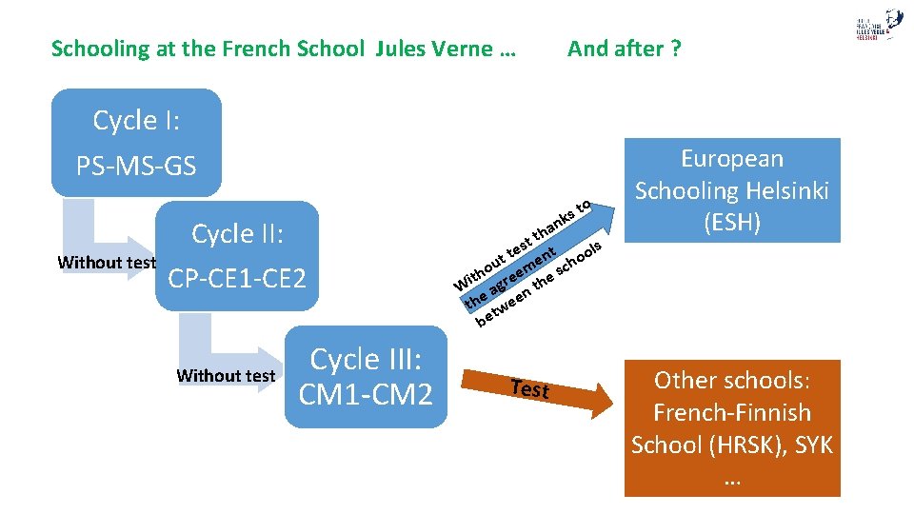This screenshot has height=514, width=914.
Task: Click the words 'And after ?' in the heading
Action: point(624,49)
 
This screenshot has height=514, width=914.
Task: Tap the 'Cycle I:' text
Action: point(137,121)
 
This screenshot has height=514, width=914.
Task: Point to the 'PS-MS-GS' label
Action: point(136,167)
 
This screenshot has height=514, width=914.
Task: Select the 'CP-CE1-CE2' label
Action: point(236,279)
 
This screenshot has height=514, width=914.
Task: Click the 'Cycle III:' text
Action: point(366,360)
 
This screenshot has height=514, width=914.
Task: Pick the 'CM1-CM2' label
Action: point(366,393)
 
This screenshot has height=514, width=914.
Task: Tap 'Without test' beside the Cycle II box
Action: point(106,262)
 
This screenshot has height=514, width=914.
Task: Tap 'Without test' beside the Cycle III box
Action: point(226,376)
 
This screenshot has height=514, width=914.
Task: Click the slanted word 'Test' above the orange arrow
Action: point(529,388)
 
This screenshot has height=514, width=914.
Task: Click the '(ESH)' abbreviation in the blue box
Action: point(732,223)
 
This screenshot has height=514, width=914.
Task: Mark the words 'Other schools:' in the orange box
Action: point(732,381)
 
